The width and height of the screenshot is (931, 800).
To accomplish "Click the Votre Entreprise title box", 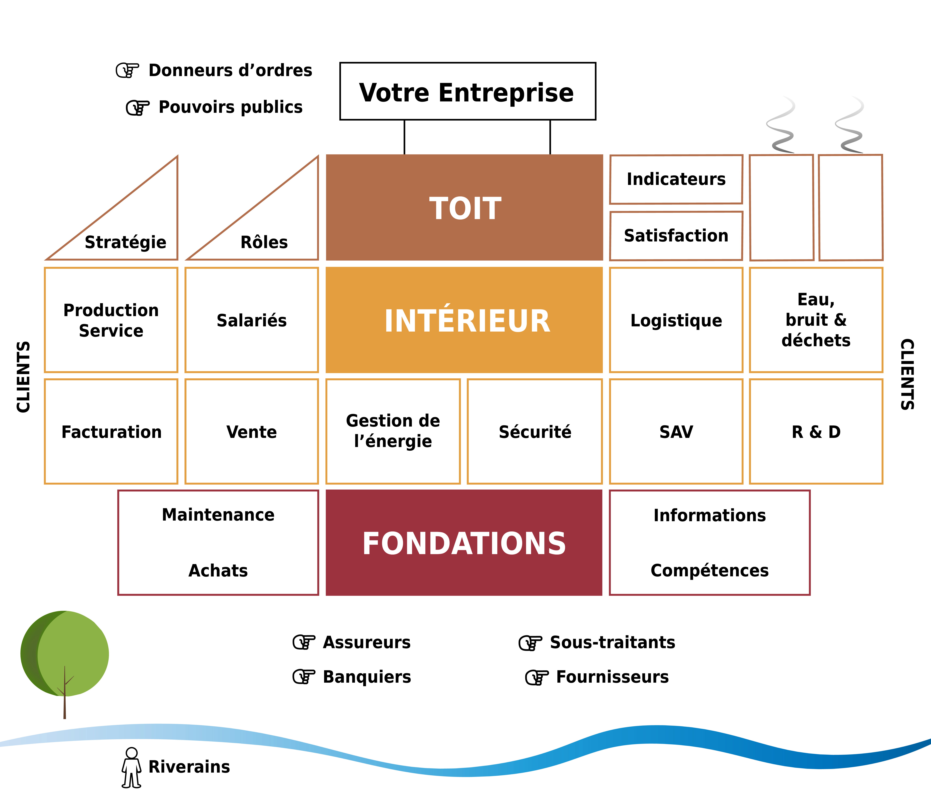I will click(467, 92).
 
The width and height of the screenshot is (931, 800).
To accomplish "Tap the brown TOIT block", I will click(464, 207).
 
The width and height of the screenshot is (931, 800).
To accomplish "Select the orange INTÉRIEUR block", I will click(464, 320).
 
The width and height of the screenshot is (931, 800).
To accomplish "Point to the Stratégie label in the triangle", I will click(125, 242).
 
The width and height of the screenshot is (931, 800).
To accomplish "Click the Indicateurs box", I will click(676, 179).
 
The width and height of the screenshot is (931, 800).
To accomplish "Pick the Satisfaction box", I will click(676, 236).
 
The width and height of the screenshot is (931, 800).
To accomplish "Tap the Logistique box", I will click(676, 320).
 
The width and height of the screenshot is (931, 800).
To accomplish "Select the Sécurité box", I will click(535, 431).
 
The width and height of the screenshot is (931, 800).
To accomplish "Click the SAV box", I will click(676, 431).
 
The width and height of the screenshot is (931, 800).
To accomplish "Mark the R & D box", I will click(816, 431).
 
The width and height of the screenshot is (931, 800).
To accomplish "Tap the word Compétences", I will click(710, 570).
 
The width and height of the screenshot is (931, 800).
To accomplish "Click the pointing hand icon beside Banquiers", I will click(304, 677).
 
